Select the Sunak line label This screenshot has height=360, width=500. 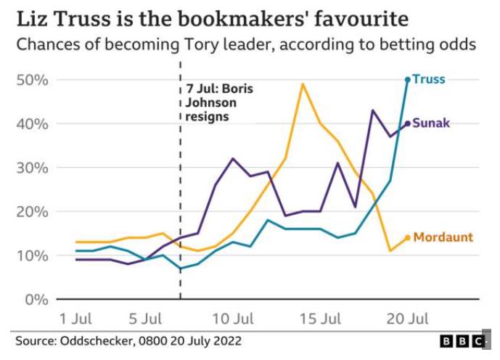coord(432,123)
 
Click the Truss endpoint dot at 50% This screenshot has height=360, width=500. coord(408,79)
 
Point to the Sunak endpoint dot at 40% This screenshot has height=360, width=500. coord(408,123)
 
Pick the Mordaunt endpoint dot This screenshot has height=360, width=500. coord(408,237)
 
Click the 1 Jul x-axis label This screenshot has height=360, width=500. coord(75,319)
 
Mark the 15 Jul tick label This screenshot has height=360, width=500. coord(320,319)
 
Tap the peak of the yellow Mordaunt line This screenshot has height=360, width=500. coord(302,84)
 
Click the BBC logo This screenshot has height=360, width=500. coord(462,340)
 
